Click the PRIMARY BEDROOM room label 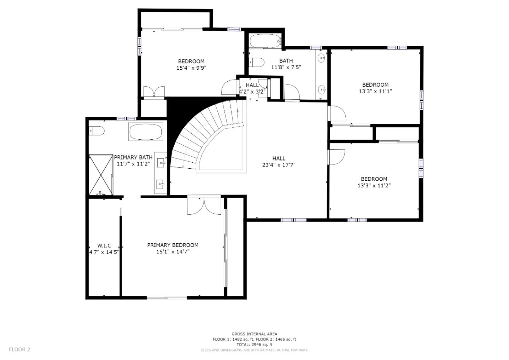point(172,245)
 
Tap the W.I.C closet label point(104,245)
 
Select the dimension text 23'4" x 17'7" point(279,165)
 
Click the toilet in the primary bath point(97,131)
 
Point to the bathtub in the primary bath point(145,132)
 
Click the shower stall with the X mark point(100,175)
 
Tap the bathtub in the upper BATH point(265,41)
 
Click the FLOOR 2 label point(19,349)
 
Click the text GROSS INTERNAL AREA point(254,334)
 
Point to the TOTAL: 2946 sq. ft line point(254,344)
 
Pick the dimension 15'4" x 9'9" point(191,68)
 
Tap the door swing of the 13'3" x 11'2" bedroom point(337,157)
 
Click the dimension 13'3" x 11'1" point(375,91)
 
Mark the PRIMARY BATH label point(133,157)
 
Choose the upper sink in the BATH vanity point(322,58)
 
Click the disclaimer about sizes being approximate point(254,350)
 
